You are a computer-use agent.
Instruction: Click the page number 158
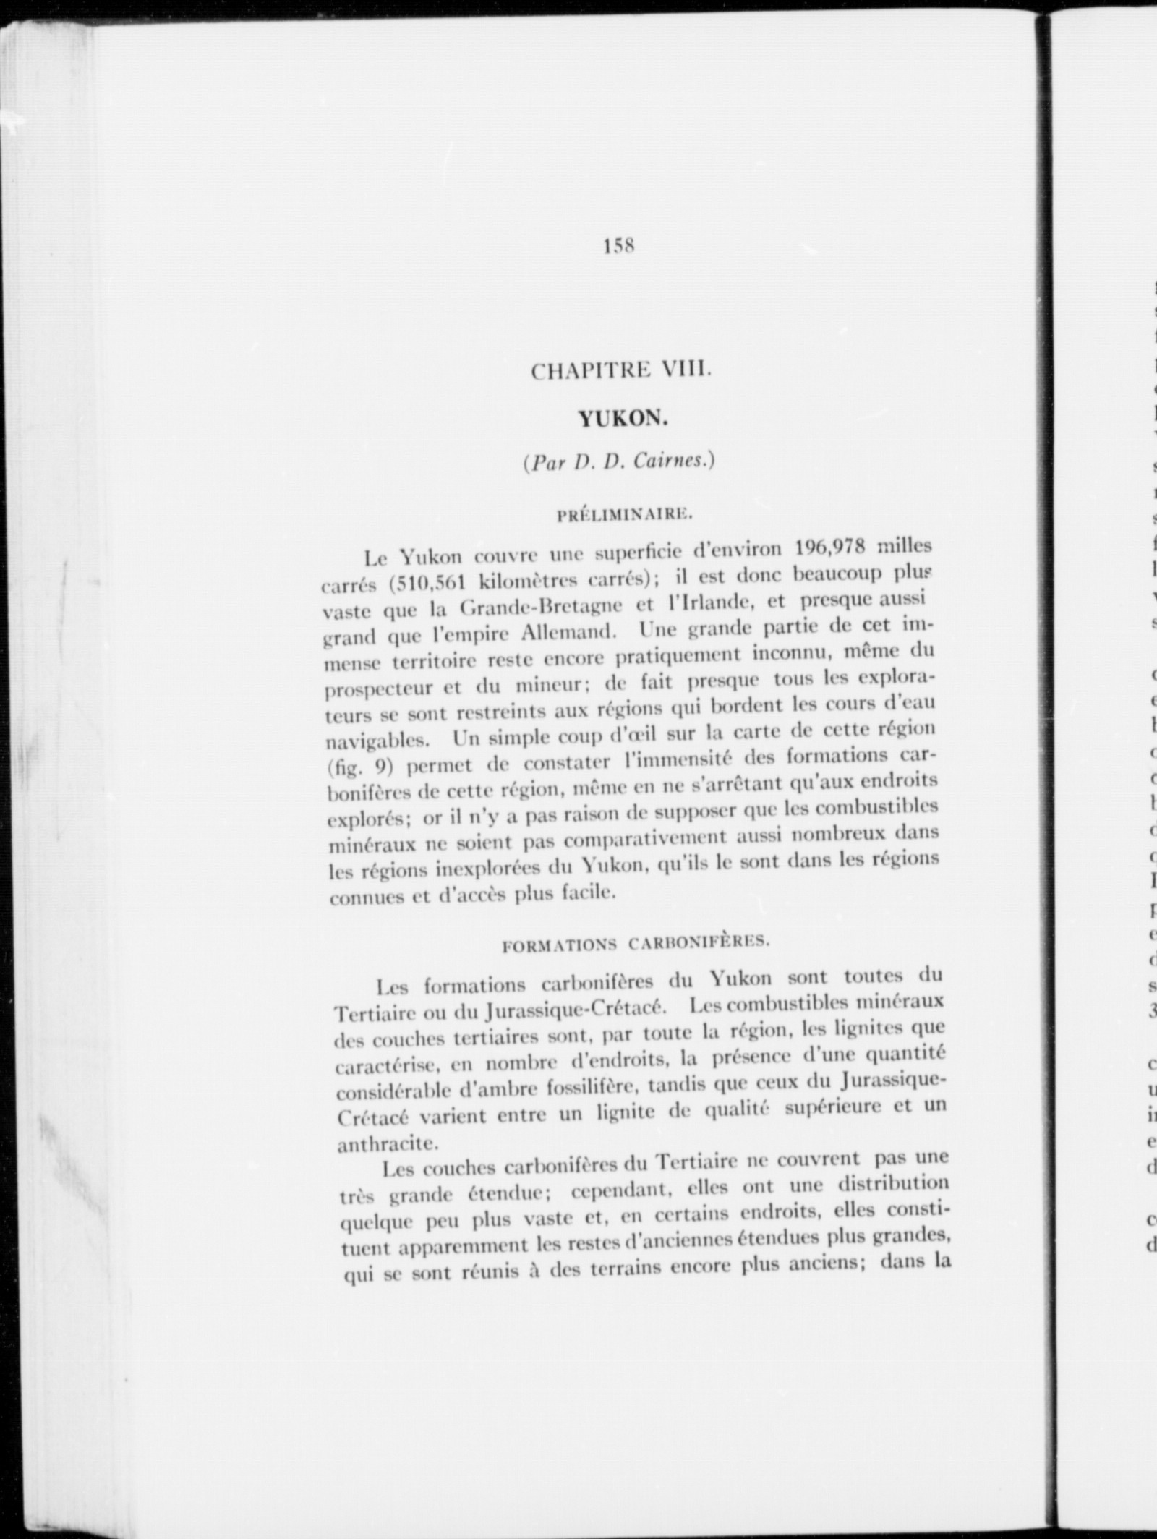pos(619,247)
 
